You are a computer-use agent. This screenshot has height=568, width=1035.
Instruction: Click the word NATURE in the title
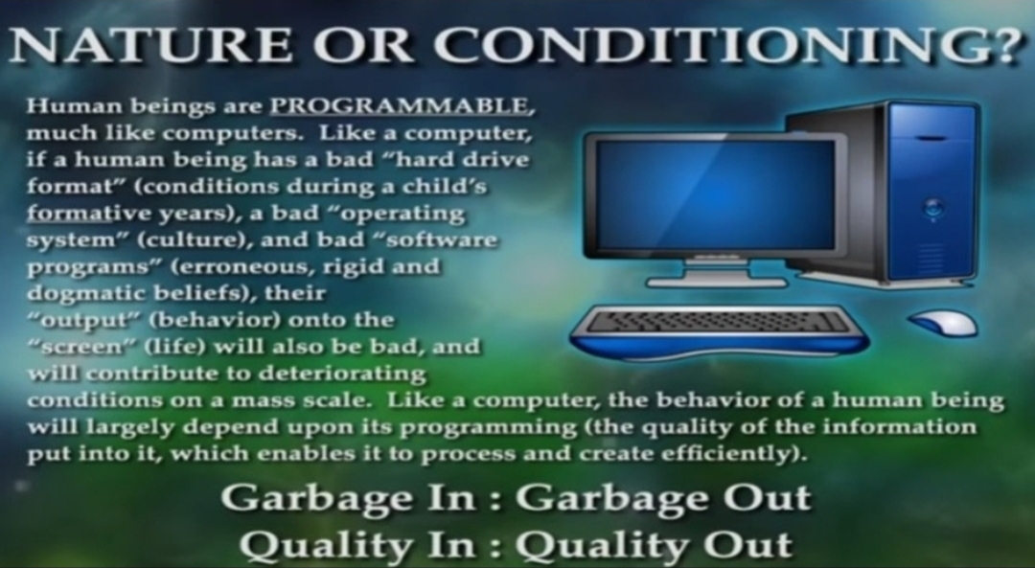click(149, 46)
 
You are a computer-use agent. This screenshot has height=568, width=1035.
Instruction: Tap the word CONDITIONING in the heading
click(707, 46)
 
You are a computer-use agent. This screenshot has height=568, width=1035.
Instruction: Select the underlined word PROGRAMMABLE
click(399, 106)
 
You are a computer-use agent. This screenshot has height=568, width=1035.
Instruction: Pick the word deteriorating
click(342, 375)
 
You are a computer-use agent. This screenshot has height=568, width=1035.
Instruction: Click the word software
click(441, 239)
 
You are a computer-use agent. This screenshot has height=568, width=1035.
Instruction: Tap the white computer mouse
click(943, 323)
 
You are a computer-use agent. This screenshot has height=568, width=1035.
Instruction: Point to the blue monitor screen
click(716, 194)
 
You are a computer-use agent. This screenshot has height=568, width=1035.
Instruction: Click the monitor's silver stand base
click(717, 282)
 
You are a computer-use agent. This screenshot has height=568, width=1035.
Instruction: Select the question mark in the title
click(1003, 46)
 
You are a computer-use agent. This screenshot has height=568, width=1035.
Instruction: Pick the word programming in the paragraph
click(489, 428)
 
